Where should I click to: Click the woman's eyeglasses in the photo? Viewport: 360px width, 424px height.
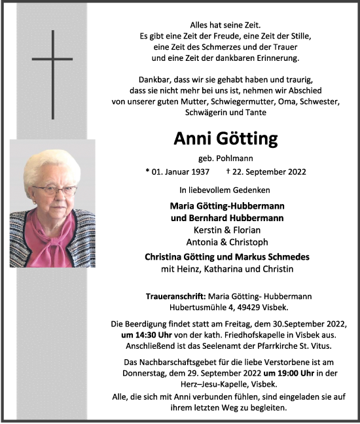(54, 190)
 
